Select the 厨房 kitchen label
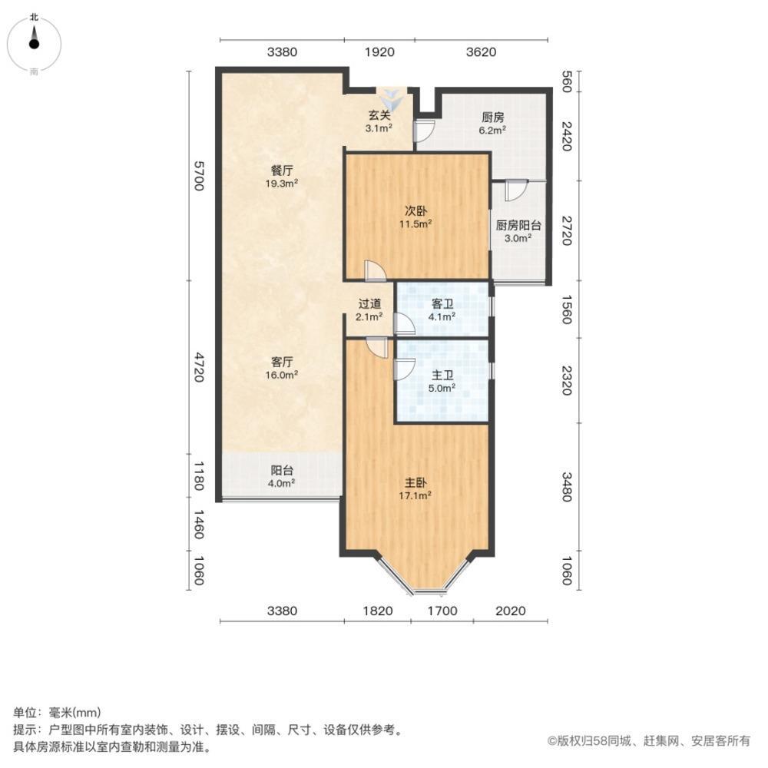(x=492, y=118)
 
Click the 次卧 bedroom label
(x=415, y=210)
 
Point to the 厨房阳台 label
(x=518, y=226)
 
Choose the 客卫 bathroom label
(x=442, y=303)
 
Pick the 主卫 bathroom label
(x=442, y=375)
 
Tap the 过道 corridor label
(x=369, y=303)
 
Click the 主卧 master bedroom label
(x=416, y=483)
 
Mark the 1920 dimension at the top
(x=379, y=52)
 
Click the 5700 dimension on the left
(x=198, y=175)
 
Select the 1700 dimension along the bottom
(x=442, y=611)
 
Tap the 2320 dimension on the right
(x=567, y=380)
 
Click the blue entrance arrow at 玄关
(x=392, y=98)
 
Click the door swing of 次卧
(x=375, y=271)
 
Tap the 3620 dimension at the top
(x=482, y=52)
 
